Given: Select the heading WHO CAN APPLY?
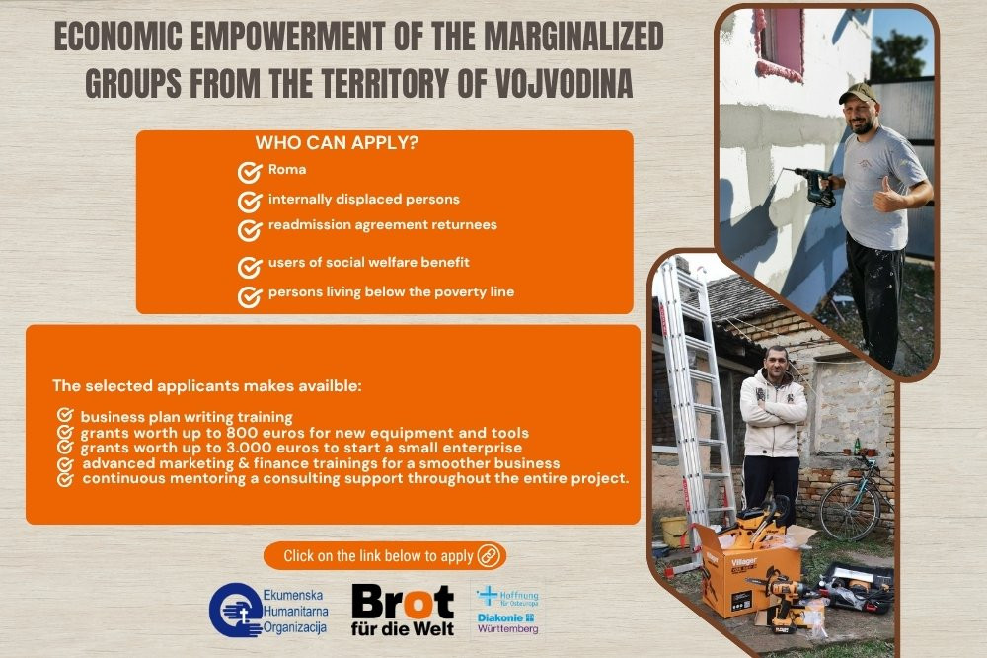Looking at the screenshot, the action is pos(337,143).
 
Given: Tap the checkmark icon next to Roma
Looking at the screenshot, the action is pos(250,172).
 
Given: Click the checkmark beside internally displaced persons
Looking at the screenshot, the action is pos(250,202).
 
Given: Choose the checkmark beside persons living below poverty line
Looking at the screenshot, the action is pos(250,296).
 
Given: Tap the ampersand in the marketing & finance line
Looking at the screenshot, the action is pos(242,464).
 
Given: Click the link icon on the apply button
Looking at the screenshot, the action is pos(489,556).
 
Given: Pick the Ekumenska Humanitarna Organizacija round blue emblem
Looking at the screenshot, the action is pos(236,611).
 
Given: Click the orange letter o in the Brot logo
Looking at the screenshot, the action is pos(418,604).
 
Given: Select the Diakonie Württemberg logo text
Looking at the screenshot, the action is pos(507,623).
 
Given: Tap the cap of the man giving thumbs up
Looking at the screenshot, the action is pos(858,93).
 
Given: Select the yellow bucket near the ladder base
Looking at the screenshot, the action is pos(674,532).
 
